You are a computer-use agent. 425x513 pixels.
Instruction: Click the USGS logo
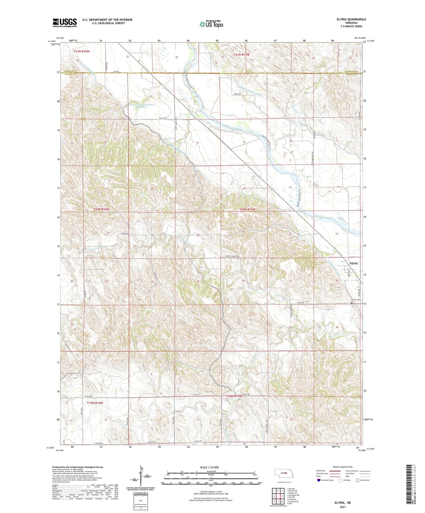[x=65, y=23]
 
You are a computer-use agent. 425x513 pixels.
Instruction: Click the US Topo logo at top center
[x=211, y=24]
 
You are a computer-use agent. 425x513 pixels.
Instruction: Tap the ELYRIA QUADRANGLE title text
[x=351, y=19]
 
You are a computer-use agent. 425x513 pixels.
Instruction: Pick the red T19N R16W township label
[x=95, y=403]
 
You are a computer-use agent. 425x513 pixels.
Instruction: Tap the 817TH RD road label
[x=300, y=303]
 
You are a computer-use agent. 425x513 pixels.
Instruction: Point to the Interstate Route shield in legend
[x=319, y=480]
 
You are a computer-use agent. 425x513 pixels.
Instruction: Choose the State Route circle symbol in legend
[x=358, y=480]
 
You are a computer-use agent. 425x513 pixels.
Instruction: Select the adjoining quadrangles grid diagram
[x=278, y=496]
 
